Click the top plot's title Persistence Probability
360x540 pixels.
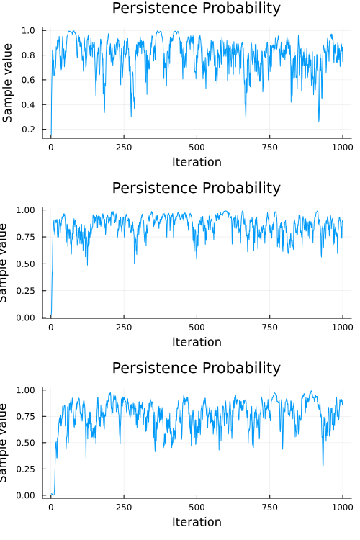(x=197, y=9)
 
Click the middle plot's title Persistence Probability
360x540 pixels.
(x=197, y=188)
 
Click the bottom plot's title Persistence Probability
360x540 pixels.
(x=197, y=368)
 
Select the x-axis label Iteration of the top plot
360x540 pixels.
(x=197, y=162)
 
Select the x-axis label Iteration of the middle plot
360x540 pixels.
(x=197, y=342)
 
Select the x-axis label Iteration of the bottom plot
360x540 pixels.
(x=197, y=522)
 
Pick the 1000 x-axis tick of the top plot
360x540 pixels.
(x=343, y=147)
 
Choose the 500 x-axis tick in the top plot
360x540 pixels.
(x=197, y=147)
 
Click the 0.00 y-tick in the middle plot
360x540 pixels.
(x=27, y=318)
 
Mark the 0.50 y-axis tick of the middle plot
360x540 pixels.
(x=27, y=264)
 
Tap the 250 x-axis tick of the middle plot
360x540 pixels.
(x=124, y=327)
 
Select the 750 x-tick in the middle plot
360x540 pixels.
(x=270, y=327)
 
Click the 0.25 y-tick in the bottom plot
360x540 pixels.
(x=27, y=469)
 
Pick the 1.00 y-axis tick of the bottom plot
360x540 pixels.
(x=27, y=390)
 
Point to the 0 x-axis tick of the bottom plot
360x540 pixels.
(x=50, y=507)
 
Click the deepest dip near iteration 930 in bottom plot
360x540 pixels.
(x=323, y=467)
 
